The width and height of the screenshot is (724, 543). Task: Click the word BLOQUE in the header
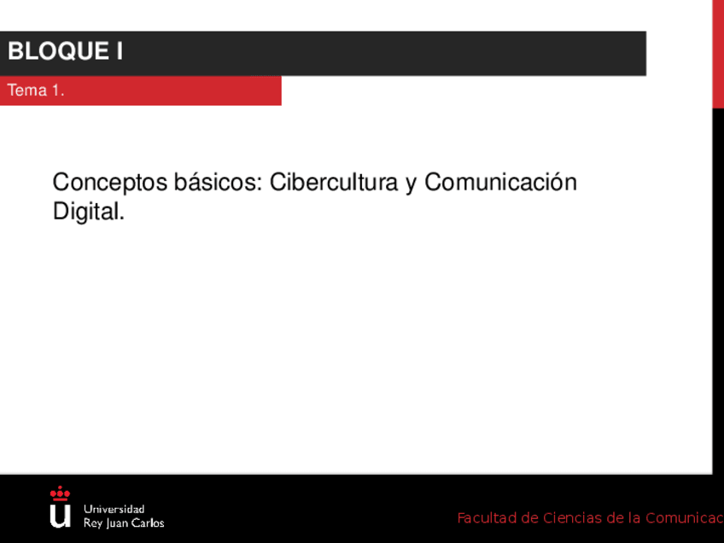point(59,51)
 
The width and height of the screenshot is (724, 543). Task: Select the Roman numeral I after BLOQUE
point(120,51)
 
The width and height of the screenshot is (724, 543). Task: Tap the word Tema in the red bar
point(27,90)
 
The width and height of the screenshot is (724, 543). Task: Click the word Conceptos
point(110,183)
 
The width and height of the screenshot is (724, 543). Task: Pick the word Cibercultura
point(334,182)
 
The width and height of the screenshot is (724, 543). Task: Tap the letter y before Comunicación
point(412,184)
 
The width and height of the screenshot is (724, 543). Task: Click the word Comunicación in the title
point(500,182)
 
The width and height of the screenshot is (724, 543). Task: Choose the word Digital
point(89,212)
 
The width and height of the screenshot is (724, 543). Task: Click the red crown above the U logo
point(60,493)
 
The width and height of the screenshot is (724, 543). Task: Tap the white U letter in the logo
point(60,516)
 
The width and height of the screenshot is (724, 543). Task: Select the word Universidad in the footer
point(114,510)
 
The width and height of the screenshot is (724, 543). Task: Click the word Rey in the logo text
point(93,523)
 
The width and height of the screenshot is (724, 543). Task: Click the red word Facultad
point(488,518)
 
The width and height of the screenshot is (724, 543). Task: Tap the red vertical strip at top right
point(718,54)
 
